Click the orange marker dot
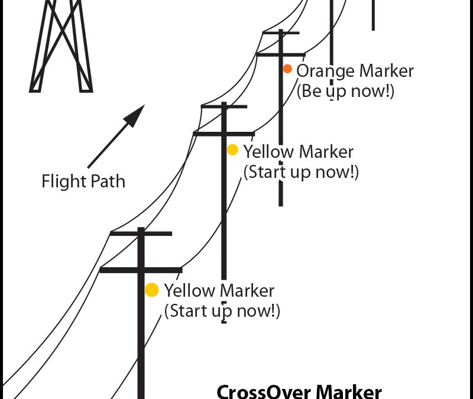click(x=287, y=69)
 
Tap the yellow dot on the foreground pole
click(x=152, y=290)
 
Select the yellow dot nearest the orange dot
click(x=232, y=150)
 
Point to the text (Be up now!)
click(x=345, y=92)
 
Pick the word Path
click(x=108, y=181)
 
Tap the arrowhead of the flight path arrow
click(x=135, y=114)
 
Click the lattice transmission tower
click(x=61, y=47)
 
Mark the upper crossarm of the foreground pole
click(x=141, y=233)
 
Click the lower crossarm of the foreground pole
click(x=141, y=270)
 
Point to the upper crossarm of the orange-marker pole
click(x=281, y=33)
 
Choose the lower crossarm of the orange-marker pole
click(x=281, y=55)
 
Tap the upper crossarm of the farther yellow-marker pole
click(x=224, y=106)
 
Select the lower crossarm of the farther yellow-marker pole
click(x=224, y=134)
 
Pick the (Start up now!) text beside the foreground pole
click(x=222, y=311)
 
